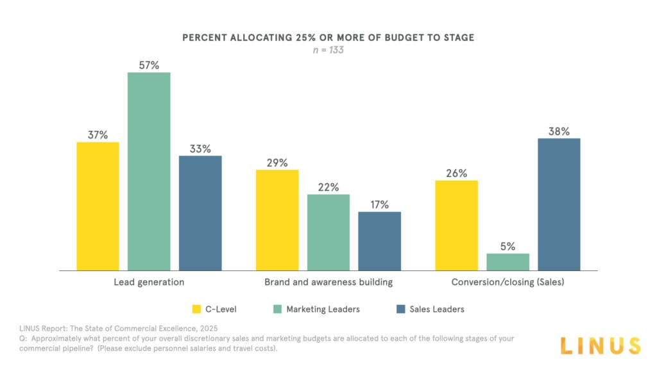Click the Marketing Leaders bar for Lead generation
(149, 171)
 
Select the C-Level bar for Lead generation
(98, 206)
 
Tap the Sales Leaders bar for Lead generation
(200, 213)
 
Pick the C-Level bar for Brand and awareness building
(277, 220)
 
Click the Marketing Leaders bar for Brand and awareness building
(328, 232)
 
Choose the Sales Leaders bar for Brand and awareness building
(379, 241)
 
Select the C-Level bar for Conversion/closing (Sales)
(456, 225)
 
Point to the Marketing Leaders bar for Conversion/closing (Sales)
(508, 261)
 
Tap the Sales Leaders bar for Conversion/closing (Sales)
(559, 204)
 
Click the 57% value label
(149, 65)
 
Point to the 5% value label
(508, 246)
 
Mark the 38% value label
(559, 131)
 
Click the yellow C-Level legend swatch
(198, 309)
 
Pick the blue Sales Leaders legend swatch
(401, 309)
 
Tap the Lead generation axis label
(149, 282)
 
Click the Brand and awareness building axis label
(328, 282)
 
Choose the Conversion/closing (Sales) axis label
(508, 282)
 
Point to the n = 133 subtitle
(328, 50)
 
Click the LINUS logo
(600, 345)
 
